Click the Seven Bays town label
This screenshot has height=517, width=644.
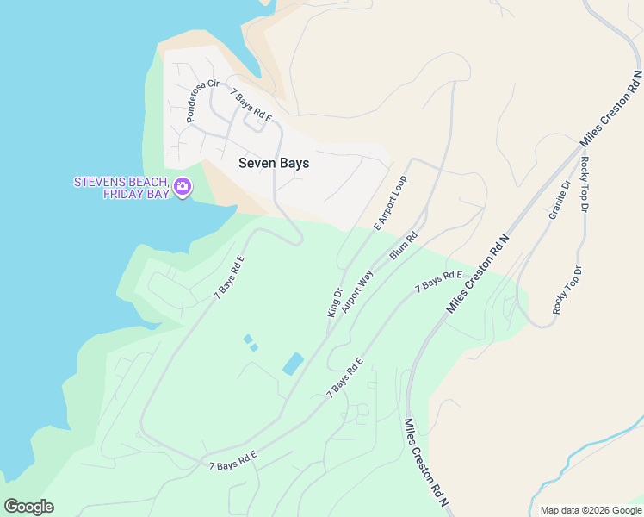click(273, 163)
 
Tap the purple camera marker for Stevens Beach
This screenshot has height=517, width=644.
click(182, 187)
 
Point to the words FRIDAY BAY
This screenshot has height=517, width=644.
click(136, 194)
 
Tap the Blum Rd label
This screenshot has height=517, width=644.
click(403, 245)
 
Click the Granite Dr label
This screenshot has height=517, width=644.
click(560, 199)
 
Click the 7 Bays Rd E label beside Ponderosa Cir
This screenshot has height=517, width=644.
click(251, 105)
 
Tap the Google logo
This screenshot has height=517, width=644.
click(28, 507)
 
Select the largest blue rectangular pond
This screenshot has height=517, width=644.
click(293, 364)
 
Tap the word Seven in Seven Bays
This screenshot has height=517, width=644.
click(256, 163)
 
